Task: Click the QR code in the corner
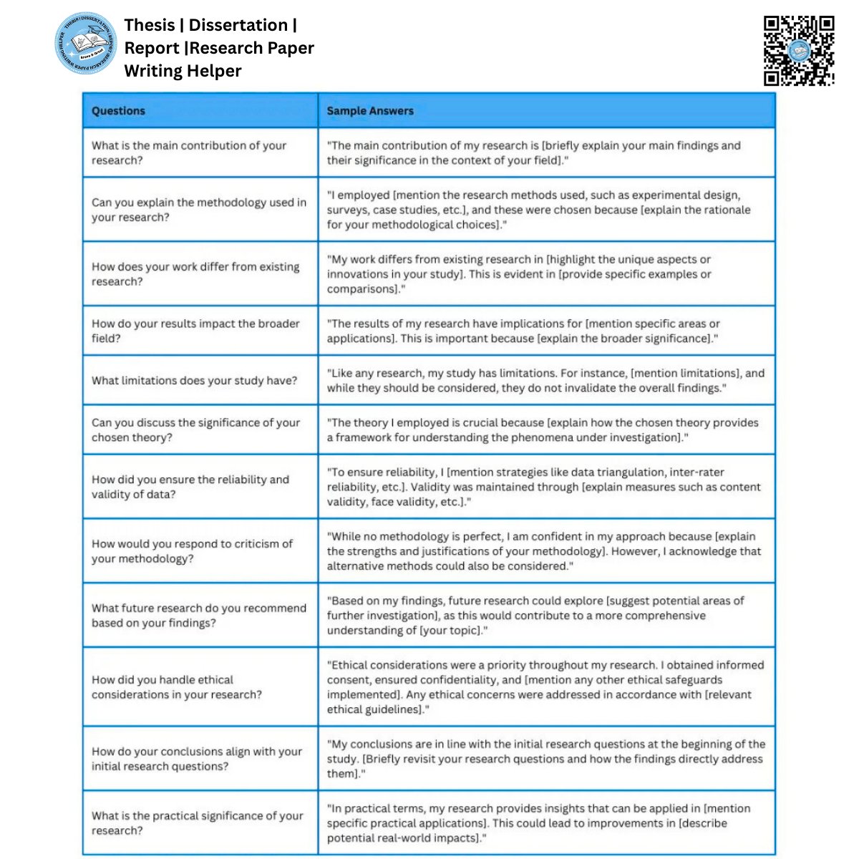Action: [x=798, y=50]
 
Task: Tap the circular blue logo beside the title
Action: [x=86, y=43]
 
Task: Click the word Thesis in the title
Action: [x=150, y=25]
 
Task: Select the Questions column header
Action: [x=118, y=111]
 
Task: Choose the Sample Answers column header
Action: [x=370, y=111]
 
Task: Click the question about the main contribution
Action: [x=189, y=152]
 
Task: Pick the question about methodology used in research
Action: [x=198, y=210]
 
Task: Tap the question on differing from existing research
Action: [x=195, y=273]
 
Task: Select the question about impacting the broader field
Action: [x=195, y=331]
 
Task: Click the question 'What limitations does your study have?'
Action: [x=194, y=380]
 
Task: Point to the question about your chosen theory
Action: [x=195, y=429]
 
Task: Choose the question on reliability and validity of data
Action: [x=190, y=487]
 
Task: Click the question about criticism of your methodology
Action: [x=192, y=551]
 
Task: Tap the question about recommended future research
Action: [x=198, y=615]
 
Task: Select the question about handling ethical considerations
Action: [x=176, y=686]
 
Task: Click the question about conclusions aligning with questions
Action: [x=197, y=759]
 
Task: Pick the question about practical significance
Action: [x=197, y=822]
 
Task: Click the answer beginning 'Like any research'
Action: [x=545, y=380]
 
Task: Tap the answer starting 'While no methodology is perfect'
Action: [x=544, y=551]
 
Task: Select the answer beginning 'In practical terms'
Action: [x=539, y=822]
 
